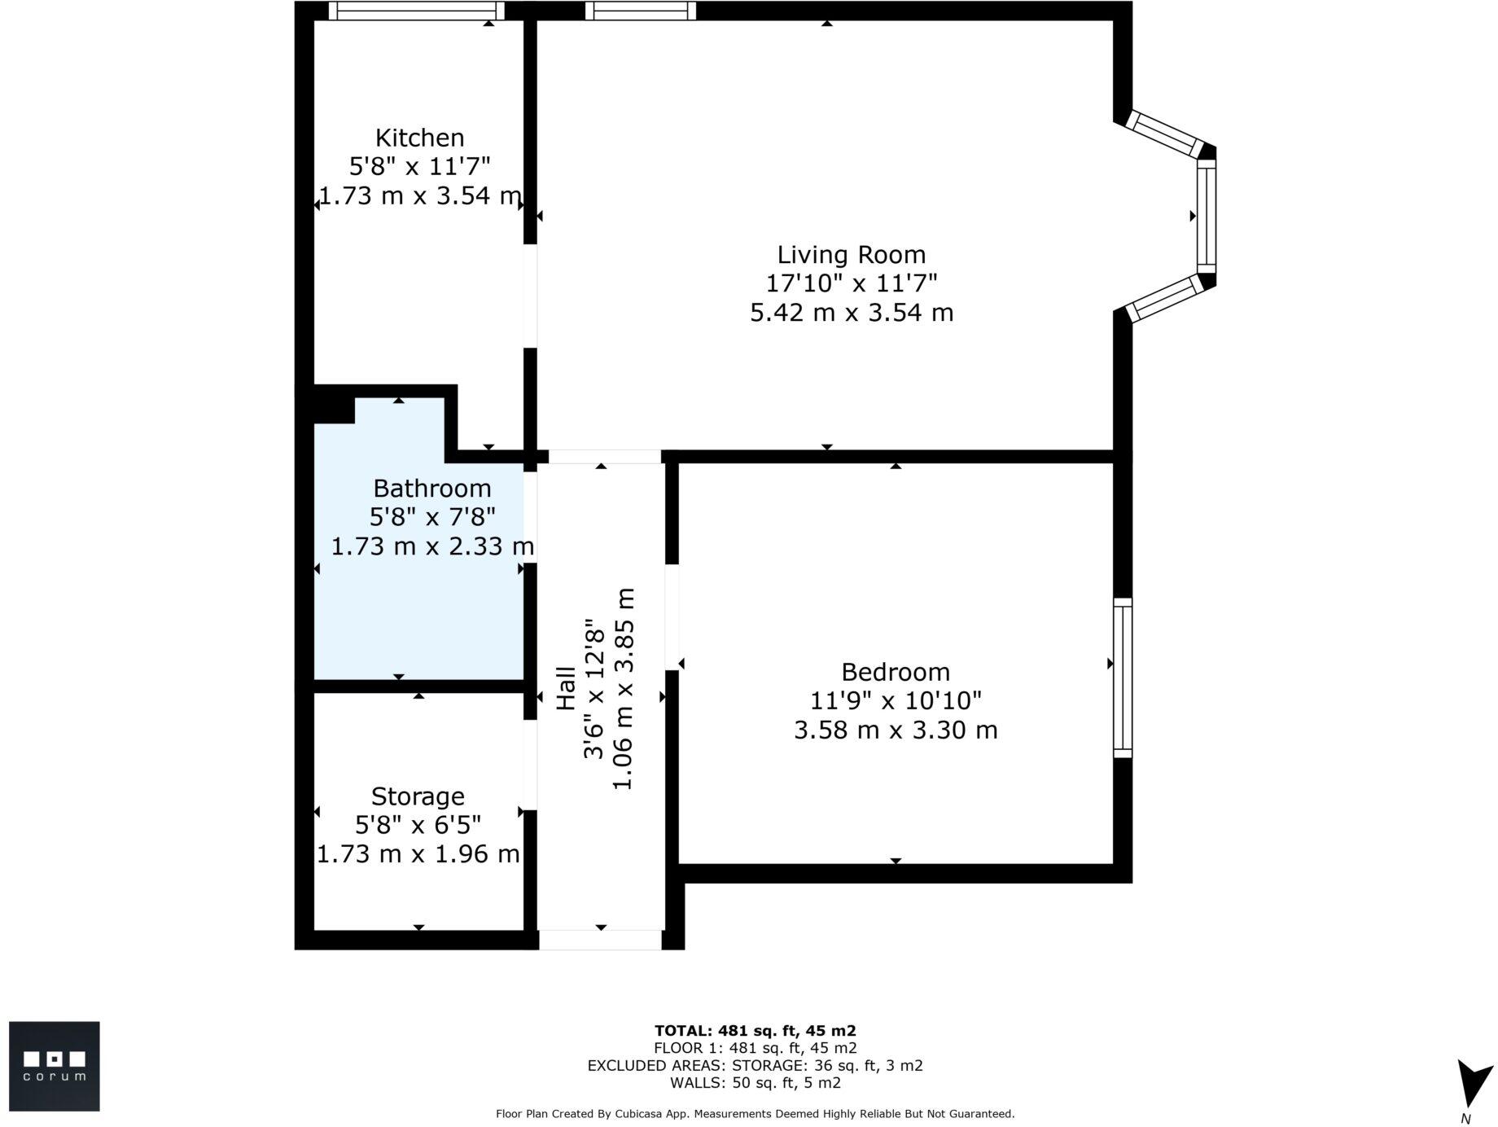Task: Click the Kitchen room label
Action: [419, 138]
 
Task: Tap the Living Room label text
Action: [851, 255]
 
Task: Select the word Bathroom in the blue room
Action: [431, 489]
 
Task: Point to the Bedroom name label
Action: [895, 673]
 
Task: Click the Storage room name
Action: [418, 796]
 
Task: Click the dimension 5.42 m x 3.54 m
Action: [851, 313]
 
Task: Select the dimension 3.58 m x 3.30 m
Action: [895, 730]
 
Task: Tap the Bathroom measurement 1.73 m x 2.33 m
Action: [431, 546]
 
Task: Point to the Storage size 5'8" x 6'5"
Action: [418, 826]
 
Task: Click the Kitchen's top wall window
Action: [416, 11]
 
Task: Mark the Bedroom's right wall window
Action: [1122, 678]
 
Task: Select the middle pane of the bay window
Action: [1206, 216]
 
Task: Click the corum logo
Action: [54, 1066]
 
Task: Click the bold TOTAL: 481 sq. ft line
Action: [755, 1031]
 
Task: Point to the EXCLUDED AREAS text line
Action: [755, 1066]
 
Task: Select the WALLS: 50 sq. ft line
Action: [755, 1083]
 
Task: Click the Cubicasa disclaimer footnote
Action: [755, 1114]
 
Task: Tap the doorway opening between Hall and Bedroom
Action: [672, 616]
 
